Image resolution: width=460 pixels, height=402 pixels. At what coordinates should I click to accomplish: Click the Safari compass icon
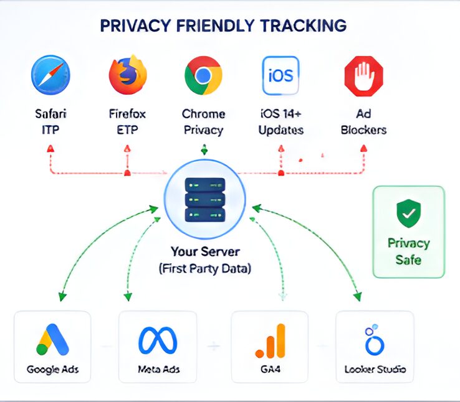(50, 75)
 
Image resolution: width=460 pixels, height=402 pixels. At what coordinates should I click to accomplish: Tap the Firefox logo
(128, 75)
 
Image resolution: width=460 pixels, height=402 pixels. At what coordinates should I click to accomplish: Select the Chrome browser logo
(203, 75)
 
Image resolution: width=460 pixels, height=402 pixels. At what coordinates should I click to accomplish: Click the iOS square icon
(280, 75)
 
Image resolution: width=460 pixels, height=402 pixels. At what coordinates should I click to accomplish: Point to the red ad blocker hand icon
(364, 76)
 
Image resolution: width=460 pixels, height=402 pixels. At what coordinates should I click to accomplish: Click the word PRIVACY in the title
(135, 26)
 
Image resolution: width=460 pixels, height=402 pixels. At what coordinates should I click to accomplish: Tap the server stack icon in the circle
(205, 200)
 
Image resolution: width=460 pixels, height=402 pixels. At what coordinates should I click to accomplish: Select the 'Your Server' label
(205, 251)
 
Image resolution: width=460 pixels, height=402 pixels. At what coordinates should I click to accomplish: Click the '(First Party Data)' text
(205, 268)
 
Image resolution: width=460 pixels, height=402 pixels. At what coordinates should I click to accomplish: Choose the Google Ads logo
(52, 339)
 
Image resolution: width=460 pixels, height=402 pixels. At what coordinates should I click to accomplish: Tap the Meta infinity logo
(158, 340)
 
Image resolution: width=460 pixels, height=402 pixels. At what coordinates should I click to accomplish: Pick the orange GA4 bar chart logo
(270, 341)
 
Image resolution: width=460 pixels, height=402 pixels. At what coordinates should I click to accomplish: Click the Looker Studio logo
(374, 340)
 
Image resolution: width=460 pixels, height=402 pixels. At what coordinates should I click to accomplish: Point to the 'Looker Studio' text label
(375, 369)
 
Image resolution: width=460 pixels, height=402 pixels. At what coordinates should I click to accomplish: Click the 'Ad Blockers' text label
(363, 122)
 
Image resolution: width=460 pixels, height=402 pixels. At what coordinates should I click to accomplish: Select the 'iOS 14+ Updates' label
(280, 122)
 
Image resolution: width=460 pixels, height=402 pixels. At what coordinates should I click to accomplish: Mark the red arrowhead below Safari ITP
(50, 149)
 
